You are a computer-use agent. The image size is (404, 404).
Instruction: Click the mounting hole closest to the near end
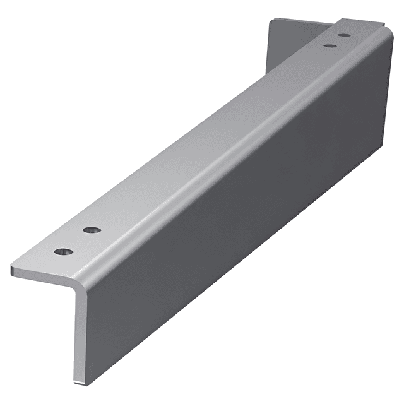(x=63, y=251)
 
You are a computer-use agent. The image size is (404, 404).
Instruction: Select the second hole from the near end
(x=93, y=230)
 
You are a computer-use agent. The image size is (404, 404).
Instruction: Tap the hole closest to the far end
(x=344, y=35)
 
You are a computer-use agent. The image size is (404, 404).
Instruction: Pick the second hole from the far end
(x=329, y=45)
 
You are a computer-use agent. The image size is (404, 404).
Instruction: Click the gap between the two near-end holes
(x=78, y=241)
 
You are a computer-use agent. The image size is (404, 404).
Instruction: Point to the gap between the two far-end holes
(x=336, y=40)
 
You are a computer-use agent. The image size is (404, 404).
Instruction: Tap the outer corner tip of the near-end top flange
(x=13, y=270)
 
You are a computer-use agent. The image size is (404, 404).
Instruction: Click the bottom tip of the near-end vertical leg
(x=80, y=381)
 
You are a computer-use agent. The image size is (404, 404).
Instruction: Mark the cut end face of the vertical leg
(x=78, y=335)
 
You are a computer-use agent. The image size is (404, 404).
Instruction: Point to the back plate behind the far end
(x=290, y=44)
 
